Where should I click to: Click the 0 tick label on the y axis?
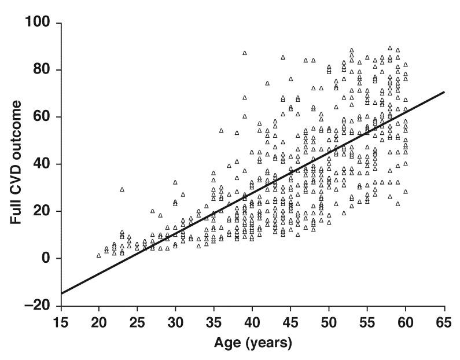click(45, 259)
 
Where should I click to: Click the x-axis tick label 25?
click(137, 320)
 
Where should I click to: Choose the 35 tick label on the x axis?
click(214, 320)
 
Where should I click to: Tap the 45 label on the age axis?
click(290, 320)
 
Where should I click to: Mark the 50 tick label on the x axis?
click(329, 320)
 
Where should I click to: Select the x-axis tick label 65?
click(444, 320)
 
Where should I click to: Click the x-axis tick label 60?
click(406, 320)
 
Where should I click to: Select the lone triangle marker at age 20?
click(99, 255)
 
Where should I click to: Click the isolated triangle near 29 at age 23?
click(122, 189)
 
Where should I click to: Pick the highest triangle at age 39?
click(245, 53)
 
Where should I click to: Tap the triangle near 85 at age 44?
click(283, 57)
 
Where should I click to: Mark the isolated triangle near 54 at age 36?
click(221, 131)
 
